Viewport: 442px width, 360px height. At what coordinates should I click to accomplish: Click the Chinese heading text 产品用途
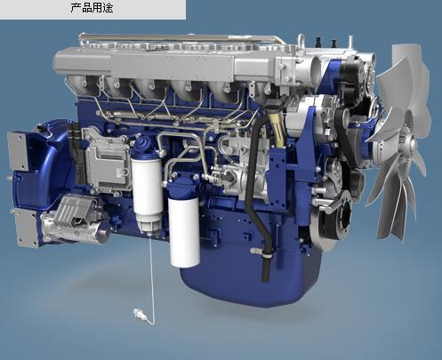(92, 8)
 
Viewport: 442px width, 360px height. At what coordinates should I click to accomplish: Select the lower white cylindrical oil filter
(184, 232)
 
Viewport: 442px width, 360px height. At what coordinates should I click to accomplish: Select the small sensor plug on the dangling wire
(140, 316)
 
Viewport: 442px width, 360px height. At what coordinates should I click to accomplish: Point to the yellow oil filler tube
(277, 127)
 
